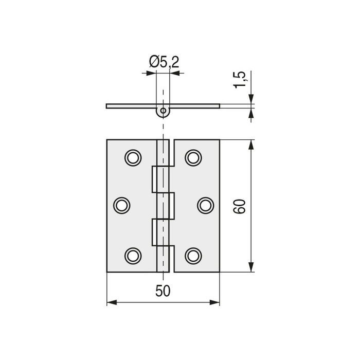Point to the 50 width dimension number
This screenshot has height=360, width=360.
(x=163, y=291)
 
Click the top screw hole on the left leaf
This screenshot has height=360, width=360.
(x=133, y=157)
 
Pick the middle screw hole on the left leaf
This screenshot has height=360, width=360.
(x=121, y=205)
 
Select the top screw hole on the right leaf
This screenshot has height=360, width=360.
(x=193, y=157)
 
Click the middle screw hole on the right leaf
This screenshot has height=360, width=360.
(x=205, y=205)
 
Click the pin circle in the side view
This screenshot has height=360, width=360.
(x=163, y=111)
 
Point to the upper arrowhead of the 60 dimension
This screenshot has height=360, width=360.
(x=251, y=145)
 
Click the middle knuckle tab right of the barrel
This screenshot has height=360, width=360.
(x=172, y=205)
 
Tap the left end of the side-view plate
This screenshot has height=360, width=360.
(x=107, y=106)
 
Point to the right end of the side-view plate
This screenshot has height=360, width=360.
(x=219, y=106)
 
